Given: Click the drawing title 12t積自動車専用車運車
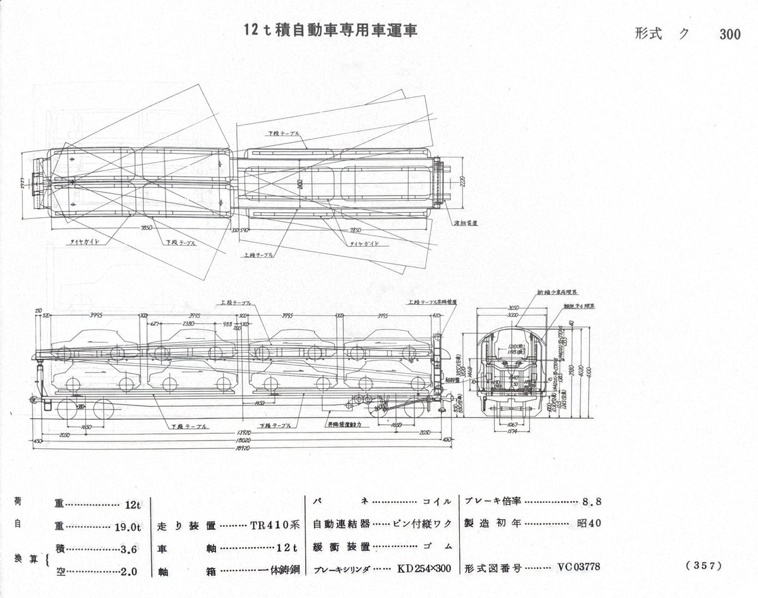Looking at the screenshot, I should coord(331,31).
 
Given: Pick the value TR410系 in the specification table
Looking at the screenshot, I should coord(274,524).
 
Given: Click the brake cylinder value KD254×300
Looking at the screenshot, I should coord(424,569).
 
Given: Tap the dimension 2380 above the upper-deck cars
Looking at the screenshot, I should coord(188,323).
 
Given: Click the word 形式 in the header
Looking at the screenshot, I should coord(649,35).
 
